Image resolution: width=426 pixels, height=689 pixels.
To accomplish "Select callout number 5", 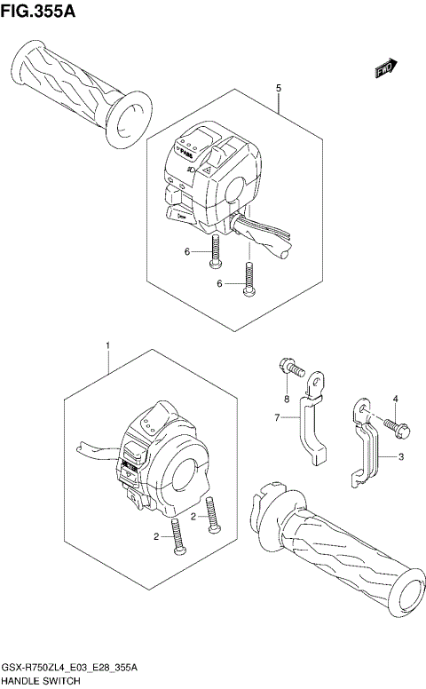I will coord(279,89).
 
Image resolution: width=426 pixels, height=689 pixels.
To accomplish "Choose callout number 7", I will coord(276,418).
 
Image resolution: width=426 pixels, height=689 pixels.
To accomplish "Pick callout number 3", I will coord(400,456).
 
